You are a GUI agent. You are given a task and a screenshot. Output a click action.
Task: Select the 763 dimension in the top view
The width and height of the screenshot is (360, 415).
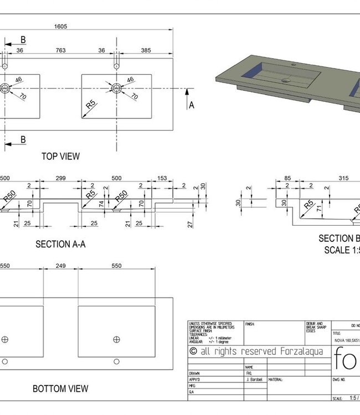[x=61, y=50]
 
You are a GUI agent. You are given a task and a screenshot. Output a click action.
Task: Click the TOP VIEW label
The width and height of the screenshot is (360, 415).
[x=60, y=157]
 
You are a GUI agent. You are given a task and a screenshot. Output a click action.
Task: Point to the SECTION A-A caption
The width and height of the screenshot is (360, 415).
[x=60, y=244]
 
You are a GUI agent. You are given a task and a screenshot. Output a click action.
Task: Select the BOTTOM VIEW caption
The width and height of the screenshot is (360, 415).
[x=60, y=389]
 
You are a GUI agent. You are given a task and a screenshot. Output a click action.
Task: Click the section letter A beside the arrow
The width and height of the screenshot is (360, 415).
[x=192, y=105]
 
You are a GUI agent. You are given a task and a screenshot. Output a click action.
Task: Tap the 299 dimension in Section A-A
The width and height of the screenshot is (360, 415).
[x=60, y=179]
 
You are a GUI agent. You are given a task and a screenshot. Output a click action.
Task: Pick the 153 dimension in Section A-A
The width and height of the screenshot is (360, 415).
[x=162, y=179]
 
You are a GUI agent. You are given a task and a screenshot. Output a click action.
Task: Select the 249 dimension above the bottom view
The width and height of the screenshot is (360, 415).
[x=60, y=266]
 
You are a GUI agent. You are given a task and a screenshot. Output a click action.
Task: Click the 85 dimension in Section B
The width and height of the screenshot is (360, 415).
[x=287, y=179]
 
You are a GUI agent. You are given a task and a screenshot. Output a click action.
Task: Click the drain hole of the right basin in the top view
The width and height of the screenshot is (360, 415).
[x=116, y=88]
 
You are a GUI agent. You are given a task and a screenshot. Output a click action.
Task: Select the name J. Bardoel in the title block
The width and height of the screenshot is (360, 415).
[x=254, y=380]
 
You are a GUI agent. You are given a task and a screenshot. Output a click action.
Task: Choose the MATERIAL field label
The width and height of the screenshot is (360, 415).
[x=276, y=380]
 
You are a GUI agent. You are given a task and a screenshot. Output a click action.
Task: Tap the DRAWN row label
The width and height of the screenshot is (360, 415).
[x=194, y=373]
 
